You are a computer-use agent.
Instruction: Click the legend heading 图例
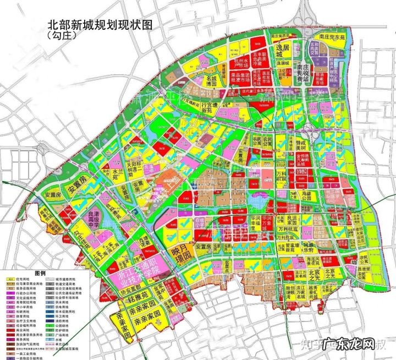[40, 272]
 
